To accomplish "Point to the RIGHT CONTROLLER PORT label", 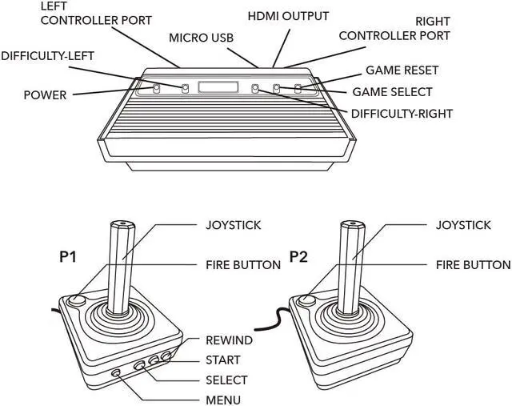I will (394, 29).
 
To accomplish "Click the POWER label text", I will (45, 94).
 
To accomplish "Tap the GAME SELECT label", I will (392, 91).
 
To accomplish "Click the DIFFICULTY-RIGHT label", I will (402, 114).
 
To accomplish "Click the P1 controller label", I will (68, 257).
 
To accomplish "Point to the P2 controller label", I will (298, 257).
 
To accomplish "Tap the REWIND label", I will (229, 340).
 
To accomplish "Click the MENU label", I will (223, 400).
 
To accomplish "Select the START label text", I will (222, 360).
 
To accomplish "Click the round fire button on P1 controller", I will (76, 301).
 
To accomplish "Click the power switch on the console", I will (156, 87).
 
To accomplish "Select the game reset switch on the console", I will (300, 88).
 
